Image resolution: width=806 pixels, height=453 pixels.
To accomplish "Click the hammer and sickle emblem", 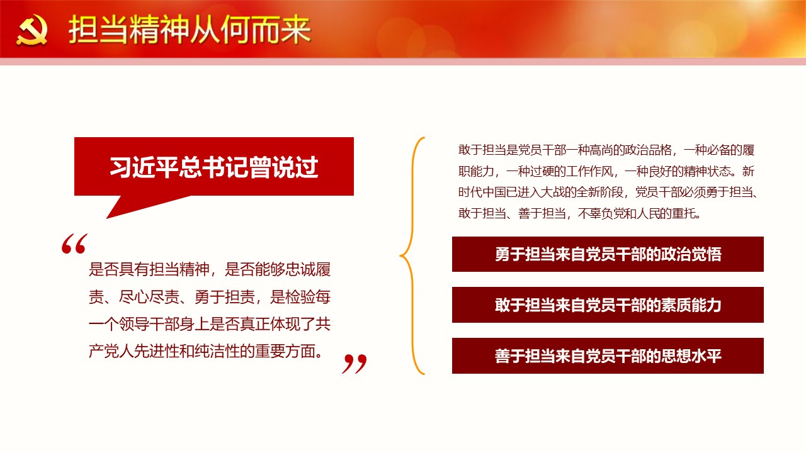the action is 31,30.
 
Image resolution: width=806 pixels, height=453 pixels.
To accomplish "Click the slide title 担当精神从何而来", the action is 190,30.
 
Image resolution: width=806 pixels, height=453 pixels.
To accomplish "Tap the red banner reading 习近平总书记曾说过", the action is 214,167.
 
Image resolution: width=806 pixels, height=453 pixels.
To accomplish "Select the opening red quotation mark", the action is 74,243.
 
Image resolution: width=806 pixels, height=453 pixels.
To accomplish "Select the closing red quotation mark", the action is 355,364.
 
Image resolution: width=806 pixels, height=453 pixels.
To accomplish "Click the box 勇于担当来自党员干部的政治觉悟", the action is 608,254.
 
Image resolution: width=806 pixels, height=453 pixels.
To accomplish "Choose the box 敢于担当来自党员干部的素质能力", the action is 608,305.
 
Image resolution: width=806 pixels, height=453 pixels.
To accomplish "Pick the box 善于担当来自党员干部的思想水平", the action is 608,356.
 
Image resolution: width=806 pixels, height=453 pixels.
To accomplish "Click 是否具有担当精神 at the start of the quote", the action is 149,269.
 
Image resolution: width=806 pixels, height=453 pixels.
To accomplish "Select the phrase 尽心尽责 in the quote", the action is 149,297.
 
